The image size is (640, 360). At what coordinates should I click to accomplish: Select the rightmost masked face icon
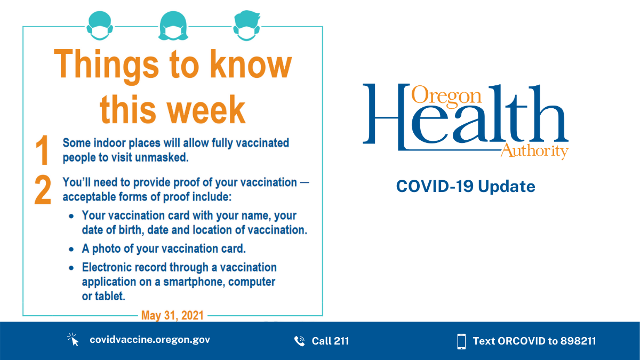tap(246, 26)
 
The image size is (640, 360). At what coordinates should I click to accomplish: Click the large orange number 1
tap(42, 150)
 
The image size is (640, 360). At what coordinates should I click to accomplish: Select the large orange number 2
tap(43, 190)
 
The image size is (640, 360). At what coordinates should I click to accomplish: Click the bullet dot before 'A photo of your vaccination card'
tap(71, 249)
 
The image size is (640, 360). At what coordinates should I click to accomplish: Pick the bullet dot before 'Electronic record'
tap(71, 267)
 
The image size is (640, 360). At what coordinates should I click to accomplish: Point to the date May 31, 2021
tap(172, 315)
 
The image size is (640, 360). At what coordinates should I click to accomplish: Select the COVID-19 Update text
tap(465, 187)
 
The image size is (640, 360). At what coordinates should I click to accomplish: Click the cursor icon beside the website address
tap(73, 340)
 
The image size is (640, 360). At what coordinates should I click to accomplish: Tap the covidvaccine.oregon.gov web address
tap(149, 340)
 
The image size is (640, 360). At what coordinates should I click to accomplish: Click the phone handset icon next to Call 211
tap(299, 341)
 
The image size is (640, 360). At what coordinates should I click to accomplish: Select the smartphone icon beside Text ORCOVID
tap(461, 341)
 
